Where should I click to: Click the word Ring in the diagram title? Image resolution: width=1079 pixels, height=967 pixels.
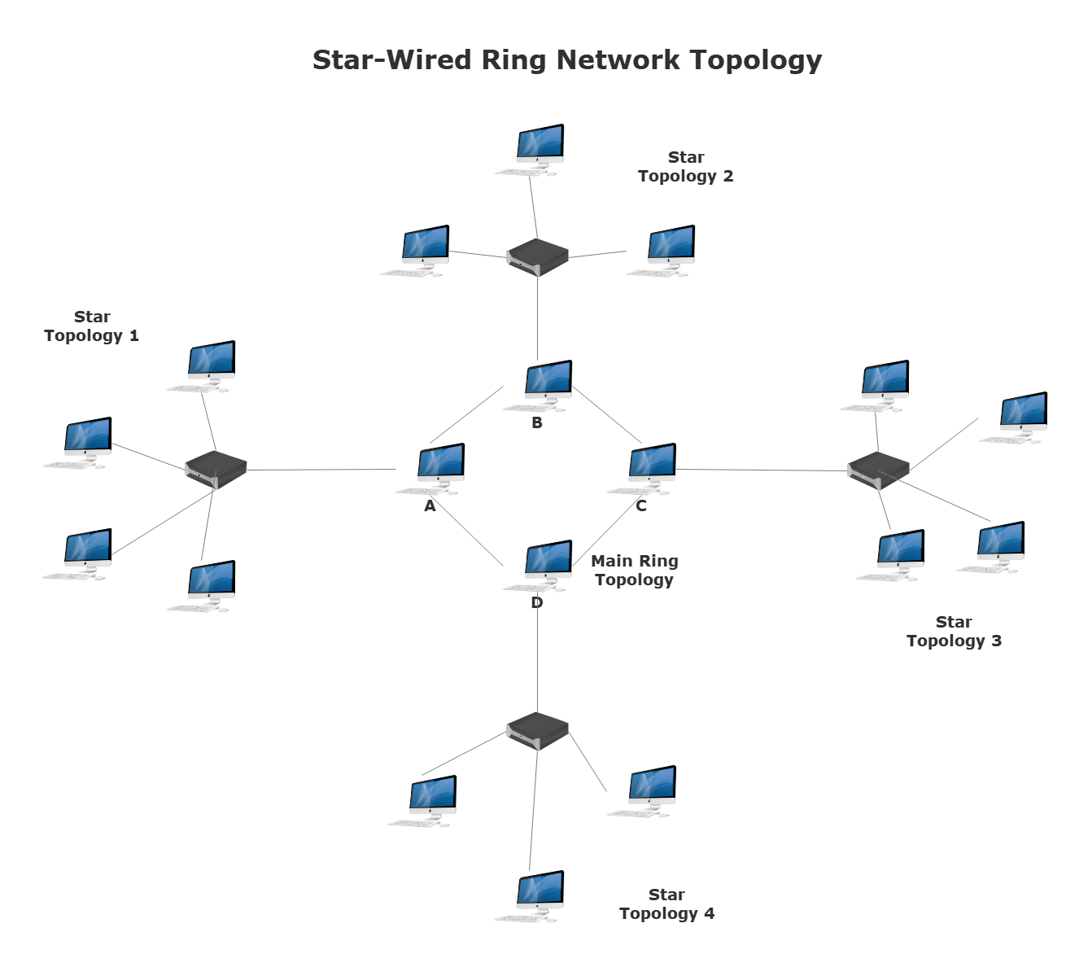[x=513, y=60]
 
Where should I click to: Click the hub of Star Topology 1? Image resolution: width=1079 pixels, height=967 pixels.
[x=216, y=470]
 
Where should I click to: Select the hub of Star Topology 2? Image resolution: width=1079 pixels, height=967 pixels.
[x=537, y=256]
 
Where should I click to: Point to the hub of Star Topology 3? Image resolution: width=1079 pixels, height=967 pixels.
[x=878, y=470]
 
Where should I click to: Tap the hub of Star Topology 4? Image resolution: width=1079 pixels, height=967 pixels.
[x=537, y=729]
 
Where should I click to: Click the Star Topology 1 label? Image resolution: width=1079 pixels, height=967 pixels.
[x=92, y=326]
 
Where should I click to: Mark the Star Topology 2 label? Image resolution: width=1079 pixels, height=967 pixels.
[x=686, y=167]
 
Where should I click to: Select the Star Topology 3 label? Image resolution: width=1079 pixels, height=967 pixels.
[x=954, y=632]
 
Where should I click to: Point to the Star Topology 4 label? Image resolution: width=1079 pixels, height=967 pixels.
[x=666, y=904]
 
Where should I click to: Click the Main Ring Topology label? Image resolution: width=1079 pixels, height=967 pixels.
[x=635, y=571]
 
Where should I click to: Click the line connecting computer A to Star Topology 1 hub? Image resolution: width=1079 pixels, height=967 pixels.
[x=321, y=470]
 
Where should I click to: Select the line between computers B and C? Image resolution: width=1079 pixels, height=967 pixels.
[x=607, y=416]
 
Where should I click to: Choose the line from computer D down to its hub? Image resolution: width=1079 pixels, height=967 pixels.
[x=537, y=659]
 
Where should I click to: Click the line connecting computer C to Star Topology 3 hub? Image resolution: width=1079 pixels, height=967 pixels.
[x=761, y=470]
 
